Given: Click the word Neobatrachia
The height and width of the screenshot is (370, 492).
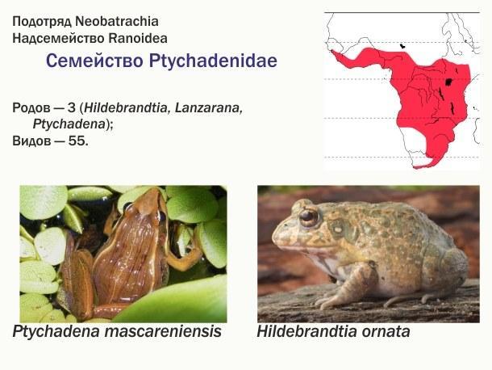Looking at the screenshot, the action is tap(117, 21).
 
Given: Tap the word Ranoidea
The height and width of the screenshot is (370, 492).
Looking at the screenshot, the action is tap(138, 38).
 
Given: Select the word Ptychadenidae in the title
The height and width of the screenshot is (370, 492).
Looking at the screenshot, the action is tap(213, 61).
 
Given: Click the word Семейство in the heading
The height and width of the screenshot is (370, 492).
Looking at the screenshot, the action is tap(94, 61).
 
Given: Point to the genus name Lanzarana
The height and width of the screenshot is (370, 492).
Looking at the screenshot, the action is tap(209, 107).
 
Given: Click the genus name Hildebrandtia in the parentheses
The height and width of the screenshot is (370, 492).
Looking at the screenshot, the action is tap(127, 107).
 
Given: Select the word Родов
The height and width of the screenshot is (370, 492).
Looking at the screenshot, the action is tap(31, 108).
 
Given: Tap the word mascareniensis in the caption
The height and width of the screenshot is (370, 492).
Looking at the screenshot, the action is tap(163, 331).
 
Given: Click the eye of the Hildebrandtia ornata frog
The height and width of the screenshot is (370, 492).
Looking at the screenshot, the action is tap(308, 216).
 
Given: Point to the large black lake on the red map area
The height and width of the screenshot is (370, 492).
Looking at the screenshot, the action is tap(448, 82).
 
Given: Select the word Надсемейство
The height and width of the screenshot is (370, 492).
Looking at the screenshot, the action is tap(58, 39).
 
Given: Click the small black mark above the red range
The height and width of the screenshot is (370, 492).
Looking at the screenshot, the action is tap(402, 46).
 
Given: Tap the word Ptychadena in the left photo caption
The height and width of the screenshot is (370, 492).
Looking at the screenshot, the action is tap(56, 332).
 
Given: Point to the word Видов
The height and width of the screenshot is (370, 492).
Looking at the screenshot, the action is tap(30, 141).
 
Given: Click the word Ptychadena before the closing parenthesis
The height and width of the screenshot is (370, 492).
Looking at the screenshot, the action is tap(69, 124).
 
